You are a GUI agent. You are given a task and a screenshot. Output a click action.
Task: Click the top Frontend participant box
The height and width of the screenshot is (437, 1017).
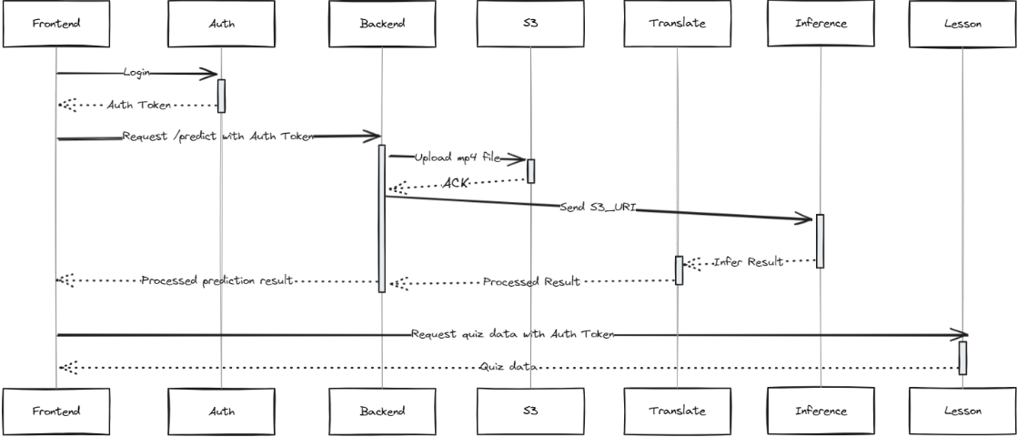tap(55, 25)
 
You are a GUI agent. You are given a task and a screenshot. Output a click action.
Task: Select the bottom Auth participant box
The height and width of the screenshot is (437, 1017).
tap(220, 411)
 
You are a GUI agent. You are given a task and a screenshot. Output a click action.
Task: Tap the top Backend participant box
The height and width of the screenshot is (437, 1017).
tap(382, 25)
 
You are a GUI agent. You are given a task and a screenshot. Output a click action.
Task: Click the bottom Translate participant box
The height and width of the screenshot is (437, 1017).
tap(678, 411)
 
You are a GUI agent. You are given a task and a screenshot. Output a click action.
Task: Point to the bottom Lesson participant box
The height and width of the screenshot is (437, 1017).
tap(962, 411)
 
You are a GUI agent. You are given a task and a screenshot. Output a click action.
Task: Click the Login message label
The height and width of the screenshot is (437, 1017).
tap(137, 71)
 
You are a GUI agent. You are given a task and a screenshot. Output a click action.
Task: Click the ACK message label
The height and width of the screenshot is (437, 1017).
tap(455, 184)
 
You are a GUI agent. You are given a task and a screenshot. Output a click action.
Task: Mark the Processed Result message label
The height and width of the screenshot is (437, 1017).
tap(531, 282)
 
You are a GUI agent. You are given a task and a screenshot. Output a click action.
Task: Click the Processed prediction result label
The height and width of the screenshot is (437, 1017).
tap(216, 280)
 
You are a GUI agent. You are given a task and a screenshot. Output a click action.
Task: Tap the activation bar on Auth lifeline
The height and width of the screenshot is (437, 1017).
tap(221, 96)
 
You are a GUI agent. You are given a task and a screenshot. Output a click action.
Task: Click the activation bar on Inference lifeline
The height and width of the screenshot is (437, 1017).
tap(821, 240)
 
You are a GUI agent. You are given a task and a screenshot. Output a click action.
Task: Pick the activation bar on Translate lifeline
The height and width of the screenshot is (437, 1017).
tap(679, 269)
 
